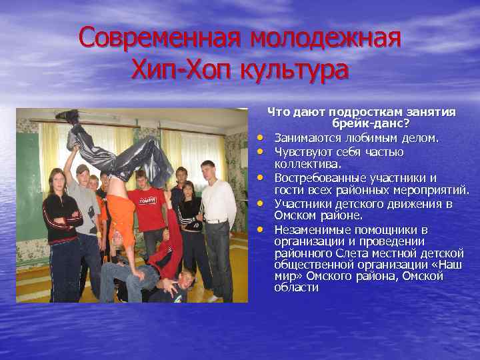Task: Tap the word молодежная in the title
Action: (x=325, y=37)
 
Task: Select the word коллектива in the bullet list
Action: (x=308, y=164)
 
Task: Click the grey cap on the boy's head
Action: (x=83, y=169)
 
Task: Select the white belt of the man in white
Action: (x=217, y=221)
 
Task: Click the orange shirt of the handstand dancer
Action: (x=121, y=213)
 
